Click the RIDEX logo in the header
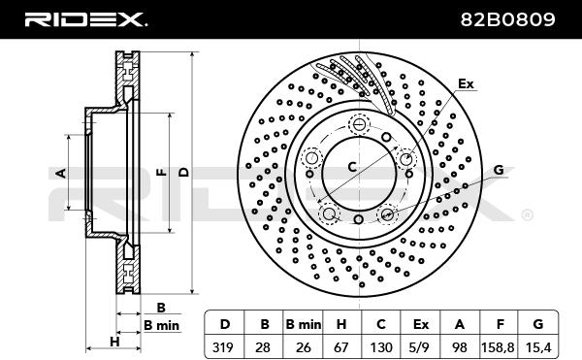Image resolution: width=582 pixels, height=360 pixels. (85, 19)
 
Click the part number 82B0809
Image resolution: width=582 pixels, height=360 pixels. (507, 19)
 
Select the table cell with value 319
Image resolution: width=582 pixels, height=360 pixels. (223, 347)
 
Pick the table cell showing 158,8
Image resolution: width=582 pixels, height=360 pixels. (498, 347)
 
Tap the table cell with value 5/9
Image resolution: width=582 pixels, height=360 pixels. (420, 347)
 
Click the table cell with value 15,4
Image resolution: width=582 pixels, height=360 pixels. (537, 347)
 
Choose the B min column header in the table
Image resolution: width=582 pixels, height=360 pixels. (303, 324)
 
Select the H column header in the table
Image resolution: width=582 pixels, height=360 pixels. (341, 324)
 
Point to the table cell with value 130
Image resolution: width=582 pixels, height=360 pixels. (381, 347)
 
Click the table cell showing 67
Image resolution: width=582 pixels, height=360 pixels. (341, 347)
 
